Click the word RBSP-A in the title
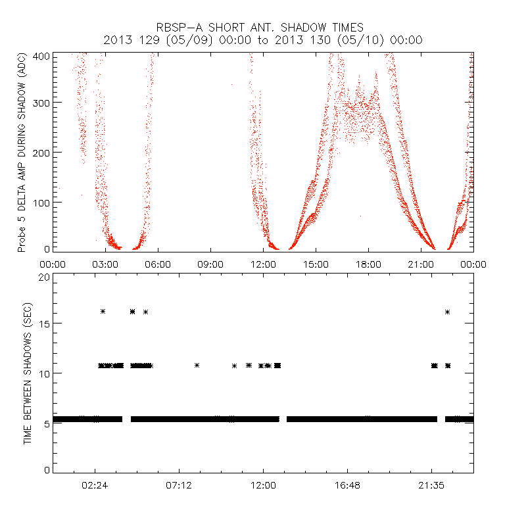[x=178, y=28]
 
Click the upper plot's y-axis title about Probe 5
[x=22, y=153]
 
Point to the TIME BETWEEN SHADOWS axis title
[x=28, y=373]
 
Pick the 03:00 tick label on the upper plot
[x=105, y=264]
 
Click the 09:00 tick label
[x=210, y=264]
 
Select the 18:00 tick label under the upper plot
[x=368, y=264]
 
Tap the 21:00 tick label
[x=421, y=264]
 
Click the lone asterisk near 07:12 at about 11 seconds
[x=197, y=365]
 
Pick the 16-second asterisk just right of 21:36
[x=447, y=312]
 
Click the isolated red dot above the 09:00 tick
[x=231, y=84]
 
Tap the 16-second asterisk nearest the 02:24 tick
[x=103, y=311]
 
